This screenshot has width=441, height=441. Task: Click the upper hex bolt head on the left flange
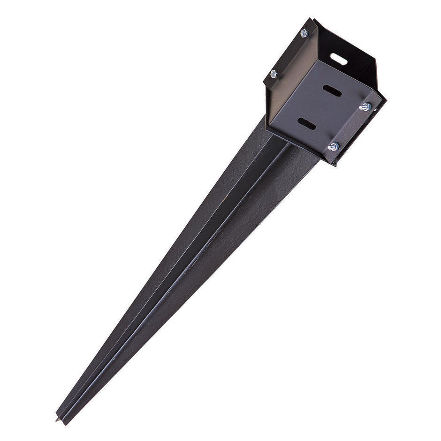pyautogui.click(x=304, y=33)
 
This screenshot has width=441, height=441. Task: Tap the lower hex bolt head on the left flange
pyautogui.click(x=274, y=74)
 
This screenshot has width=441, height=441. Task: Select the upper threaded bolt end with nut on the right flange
pyautogui.click(x=365, y=107)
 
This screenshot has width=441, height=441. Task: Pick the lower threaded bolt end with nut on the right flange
pyautogui.click(x=333, y=147)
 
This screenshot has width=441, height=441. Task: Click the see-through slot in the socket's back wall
pyautogui.click(x=338, y=59)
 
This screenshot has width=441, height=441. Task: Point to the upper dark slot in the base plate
pyautogui.click(x=332, y=91)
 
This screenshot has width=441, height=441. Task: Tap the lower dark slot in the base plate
pyautogui.click(x=306, y=124)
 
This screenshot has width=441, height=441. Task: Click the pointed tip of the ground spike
pyautogui.click(x=58, y=419)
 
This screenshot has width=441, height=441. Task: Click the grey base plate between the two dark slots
pyautogui.click(x=319, y=108)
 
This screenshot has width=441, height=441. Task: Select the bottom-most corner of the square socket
pyautogui.click(x=334, y=165)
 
